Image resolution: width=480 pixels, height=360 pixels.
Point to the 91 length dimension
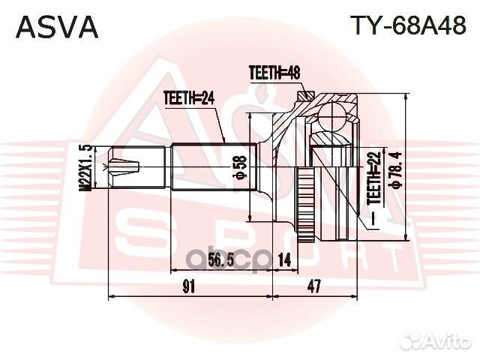click(x=189, y=286)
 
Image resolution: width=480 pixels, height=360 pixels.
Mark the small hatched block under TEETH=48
click(x=304, y=96)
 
